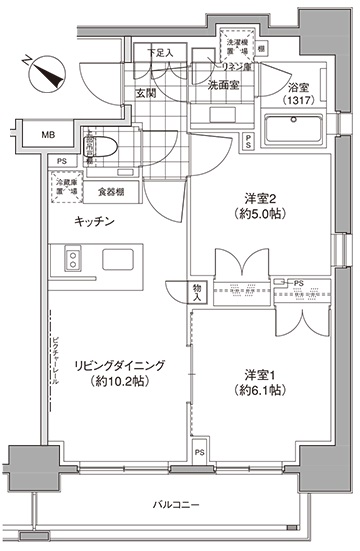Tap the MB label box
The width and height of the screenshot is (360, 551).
click(x=48, y=134)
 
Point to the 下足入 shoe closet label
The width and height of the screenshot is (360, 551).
click(x=162, y=54)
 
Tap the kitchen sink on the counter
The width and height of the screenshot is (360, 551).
click(x=74, y=261)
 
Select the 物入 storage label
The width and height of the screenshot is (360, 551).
click(x=199, y=291)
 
